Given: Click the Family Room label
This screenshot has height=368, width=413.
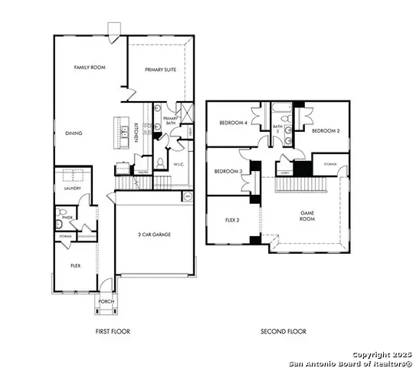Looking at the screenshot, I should point(89,68).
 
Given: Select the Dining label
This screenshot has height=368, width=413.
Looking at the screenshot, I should point(74,133).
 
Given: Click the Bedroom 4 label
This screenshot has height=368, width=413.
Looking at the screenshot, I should point(234,123).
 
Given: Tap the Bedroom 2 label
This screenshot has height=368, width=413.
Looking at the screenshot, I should point(326,130).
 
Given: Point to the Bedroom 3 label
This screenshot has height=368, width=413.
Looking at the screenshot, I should point(228,171).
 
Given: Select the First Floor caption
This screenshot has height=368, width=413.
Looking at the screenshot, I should point(112,331).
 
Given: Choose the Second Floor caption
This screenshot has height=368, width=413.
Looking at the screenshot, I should point(284,331).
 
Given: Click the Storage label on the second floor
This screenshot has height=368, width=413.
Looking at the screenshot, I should point(329,164).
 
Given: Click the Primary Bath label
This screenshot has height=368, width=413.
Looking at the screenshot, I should point(171,120).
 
